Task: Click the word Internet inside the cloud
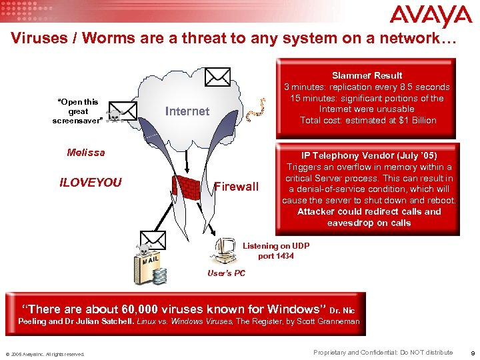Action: pos(187,111)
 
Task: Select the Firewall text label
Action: pos(237,187)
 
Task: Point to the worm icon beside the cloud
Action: pos(253,113)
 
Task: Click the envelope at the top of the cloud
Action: pos(217,77)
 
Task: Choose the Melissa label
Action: pos(86,153)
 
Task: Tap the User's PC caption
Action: pos(226,273)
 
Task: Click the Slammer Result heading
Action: pos(367,75)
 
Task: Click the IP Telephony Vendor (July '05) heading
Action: pos(369,155)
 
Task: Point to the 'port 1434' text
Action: pos(276,256)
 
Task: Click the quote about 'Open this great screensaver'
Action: pos(78,111)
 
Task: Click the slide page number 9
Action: pos(472,353)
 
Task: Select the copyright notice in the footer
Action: pos(45,354)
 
